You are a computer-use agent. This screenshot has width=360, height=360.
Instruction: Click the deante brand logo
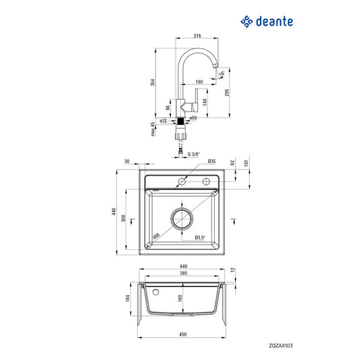pyautogui.click(x=267, y=21)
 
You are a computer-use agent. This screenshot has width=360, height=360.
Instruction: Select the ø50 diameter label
pyautogui.click(x=192, y=118)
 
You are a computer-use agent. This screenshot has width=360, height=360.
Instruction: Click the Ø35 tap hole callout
pyautogui.click(x=211, y=161)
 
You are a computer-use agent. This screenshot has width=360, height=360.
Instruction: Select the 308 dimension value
pyautogui.click(x=132, y=219)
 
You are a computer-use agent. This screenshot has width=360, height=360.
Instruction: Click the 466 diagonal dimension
pyautogui.click(x=156, y=235)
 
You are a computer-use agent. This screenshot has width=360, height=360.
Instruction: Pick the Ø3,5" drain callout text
pyautogui.click(x=200, y=238)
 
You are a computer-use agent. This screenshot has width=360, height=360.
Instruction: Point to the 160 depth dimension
pyautogui.click(x=179, y=298)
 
